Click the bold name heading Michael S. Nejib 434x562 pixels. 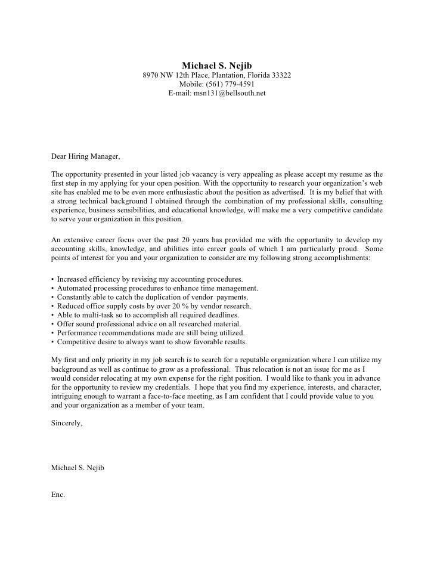(217, 65)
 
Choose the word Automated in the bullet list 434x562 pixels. (75, 288)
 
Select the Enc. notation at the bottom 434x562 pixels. (58, 495)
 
